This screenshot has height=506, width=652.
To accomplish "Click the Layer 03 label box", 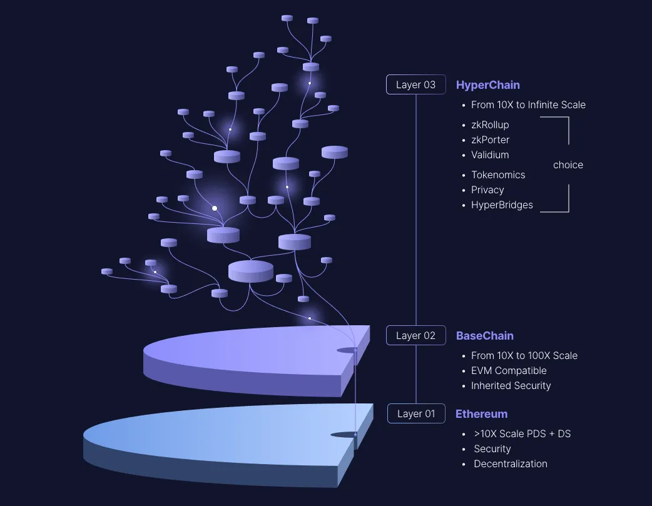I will tap(415, 85).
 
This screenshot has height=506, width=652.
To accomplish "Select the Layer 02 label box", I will tap(415, 336).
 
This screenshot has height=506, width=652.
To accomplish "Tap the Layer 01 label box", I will tap(416, 414).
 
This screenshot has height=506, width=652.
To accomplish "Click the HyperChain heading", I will tap(488, 85).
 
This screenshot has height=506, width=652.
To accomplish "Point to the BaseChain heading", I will tap(485, 336).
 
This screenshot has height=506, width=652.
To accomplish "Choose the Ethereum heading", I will tap(481, 414).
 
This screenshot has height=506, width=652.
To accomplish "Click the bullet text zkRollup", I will tap(490, 125).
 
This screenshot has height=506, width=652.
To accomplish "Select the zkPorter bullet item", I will tap(490, 140).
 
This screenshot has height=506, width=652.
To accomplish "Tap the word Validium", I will tap(490, 155).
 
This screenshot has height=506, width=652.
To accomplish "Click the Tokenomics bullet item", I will tap(498, 175).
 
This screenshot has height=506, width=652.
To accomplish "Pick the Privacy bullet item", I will tap(487, 190).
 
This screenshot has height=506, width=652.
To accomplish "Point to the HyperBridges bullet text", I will tap(502, 205).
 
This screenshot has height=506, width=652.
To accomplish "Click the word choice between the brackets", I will tap(568, 165).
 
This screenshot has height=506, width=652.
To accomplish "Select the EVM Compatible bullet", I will tap(509, 371).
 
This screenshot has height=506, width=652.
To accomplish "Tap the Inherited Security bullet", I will tap(511, 386).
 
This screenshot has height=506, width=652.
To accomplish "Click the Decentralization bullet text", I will tap(511, 464).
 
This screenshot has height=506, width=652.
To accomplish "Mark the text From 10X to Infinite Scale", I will tap(528, 105).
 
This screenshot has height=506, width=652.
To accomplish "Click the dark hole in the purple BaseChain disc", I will tap(347, 350).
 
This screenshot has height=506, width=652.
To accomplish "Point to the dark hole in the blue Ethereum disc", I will tap(343, 434).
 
